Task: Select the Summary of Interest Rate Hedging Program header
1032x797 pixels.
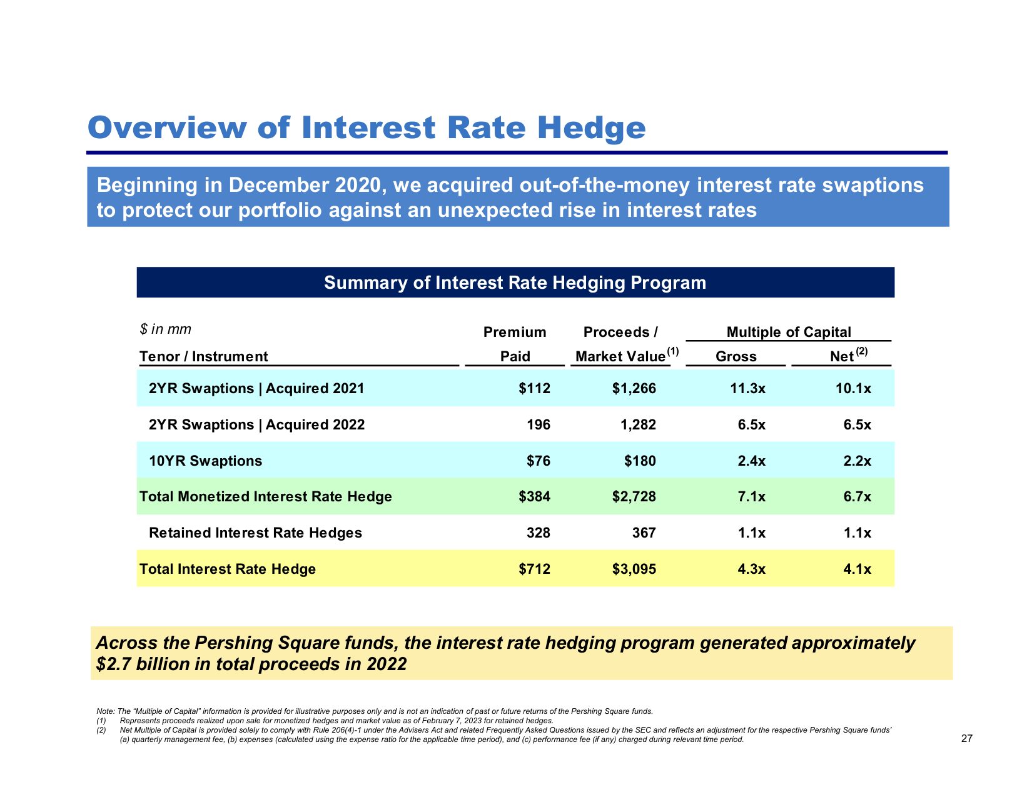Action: (x=515, y=283)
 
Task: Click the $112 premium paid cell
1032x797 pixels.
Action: (x=535, y=388)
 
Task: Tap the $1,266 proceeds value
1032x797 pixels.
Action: (x=634, y=388)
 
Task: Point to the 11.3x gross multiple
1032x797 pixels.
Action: (x=747, y=388)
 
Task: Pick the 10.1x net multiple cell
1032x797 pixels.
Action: (x=853, y=388)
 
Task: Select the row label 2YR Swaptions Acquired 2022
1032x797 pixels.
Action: (x=256, y=424)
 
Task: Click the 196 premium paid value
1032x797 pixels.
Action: (x=539, y=424)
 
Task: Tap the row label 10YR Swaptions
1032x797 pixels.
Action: (x=205, y=461)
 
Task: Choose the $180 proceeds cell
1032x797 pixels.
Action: (x=640, y=461)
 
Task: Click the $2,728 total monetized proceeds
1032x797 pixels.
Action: (x=634, y=496)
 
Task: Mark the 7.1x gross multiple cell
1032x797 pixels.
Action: (x=751, y=496)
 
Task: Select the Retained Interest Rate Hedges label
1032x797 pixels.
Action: (x=255, y=533)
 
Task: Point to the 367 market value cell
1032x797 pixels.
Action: (x=644, y=533)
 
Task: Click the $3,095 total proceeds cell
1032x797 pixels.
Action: (x=634, y=569)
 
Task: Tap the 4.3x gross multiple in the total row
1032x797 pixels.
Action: (x=751, y=569)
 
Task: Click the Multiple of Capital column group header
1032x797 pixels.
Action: (x=789, y=332)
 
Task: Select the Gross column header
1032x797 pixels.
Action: (x=736, y=356)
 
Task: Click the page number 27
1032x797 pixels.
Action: (x=966, y=738)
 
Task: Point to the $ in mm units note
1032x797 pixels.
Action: (x=165, y=329)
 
